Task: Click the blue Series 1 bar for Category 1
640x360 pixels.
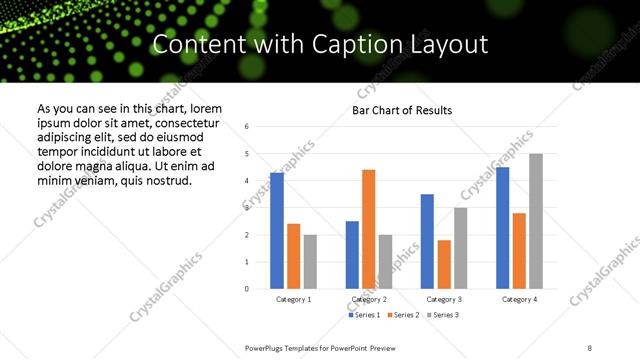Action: pos(277,231)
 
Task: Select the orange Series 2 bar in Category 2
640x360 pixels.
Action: pos(368,229)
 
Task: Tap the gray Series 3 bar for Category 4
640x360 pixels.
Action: pos(536,221)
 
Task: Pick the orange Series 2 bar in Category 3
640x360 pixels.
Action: pos(444,264)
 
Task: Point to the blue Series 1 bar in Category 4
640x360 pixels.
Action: pos(503,228)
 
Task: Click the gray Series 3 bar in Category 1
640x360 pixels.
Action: pos(310,262)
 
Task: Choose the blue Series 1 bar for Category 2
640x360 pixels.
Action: pos(352,255)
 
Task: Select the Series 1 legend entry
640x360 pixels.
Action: pos(364,315)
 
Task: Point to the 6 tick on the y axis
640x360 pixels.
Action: pos(247,126)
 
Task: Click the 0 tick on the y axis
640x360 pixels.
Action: pos(247,289)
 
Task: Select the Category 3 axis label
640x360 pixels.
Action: pos(443,299)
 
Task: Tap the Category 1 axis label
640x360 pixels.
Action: pos(293,299)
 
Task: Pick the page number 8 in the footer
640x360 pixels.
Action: pos(589,347)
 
